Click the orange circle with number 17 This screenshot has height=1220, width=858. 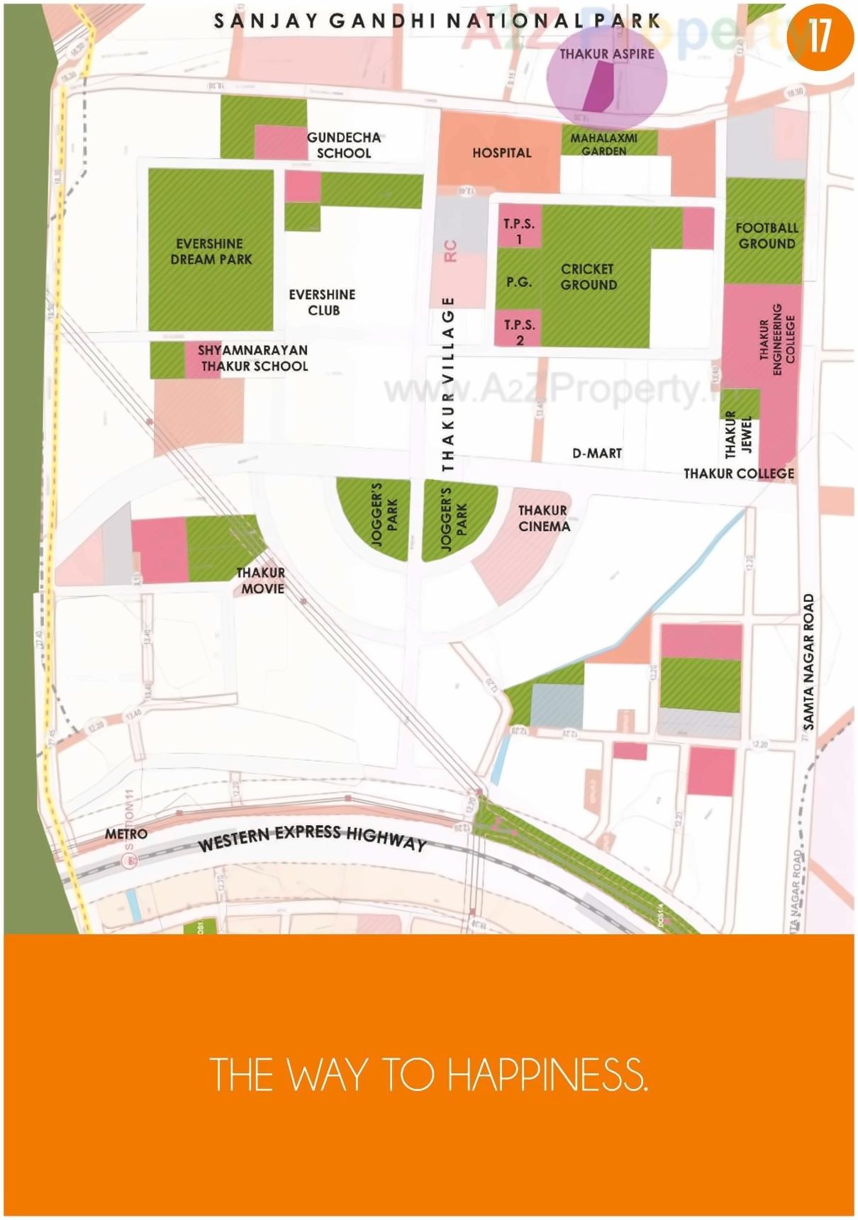[x=820, y=35]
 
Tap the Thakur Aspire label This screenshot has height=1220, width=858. [x=607, y=54]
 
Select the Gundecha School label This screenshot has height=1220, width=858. [x=344, y=145]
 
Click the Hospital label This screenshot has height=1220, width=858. [x=501, y=152]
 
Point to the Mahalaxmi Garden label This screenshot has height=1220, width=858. [x=604, y=144]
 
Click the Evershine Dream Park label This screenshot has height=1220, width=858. [x=211, y=252]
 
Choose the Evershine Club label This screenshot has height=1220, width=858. [x=323, y=302]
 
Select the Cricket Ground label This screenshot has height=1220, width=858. [x=589, y=276]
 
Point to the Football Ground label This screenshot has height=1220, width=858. [x=767, y=235]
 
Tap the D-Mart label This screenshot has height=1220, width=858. [x=597, y=453]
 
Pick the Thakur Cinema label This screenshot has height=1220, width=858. [x=544, y=518]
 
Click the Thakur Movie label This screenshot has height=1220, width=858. [x=262, y=581]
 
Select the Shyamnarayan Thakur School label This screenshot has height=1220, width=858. [x=253, y=358]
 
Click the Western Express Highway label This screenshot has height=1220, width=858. [x=312, y=836]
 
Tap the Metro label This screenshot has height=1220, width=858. [x=126, y=834]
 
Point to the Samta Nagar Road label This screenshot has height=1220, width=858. [x=809, y=661]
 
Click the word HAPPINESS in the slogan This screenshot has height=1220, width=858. [x=547, y=1075]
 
